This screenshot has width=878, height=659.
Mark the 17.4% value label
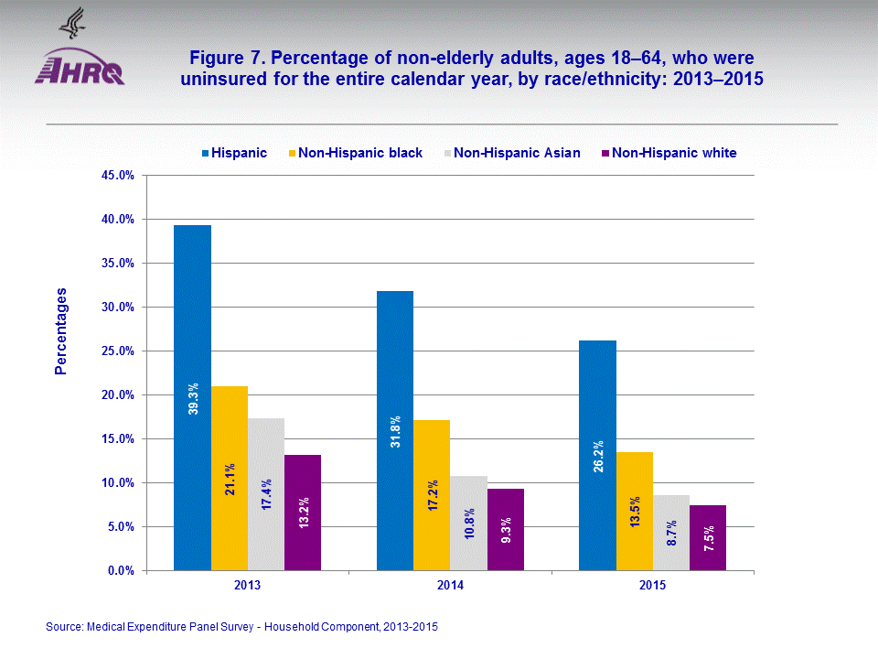click(x=266, y=492)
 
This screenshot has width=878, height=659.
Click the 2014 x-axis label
click(x=450, y=586)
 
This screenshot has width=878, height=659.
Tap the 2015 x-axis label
click(x=653, y=586)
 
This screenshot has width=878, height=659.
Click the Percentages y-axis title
click(x=61, y=331)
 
